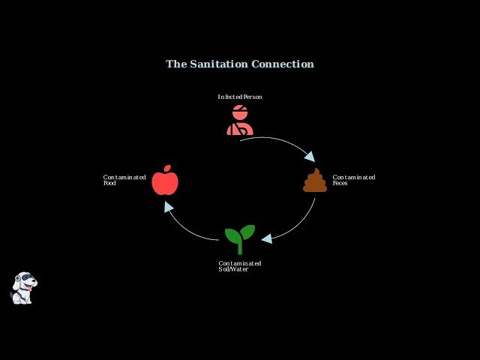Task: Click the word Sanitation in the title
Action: pos(218,64)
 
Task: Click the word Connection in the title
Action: pos(283,64)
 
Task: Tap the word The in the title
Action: pos(176,64)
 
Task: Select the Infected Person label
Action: pos(240,97)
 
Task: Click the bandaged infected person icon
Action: pos(240,120)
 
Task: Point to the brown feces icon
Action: pos(315,180)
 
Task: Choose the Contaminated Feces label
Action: pos(354,180)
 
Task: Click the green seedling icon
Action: pos(240,240)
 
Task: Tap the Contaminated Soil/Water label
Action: pos(240,266)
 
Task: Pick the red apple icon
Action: pos(165,180)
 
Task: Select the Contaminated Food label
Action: pos(124,180)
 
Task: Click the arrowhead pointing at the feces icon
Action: pos(310,156)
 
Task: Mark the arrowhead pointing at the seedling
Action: pos(267,238)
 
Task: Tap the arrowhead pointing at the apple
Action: pos(168,207)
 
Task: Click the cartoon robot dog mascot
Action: pos(23,288)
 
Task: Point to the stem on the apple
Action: pos(167,168)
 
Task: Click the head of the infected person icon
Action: pos(240,112)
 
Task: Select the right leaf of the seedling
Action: pos(247,232)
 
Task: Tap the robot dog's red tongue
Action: pos(30,289)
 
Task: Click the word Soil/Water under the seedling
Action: pos(233,269)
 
